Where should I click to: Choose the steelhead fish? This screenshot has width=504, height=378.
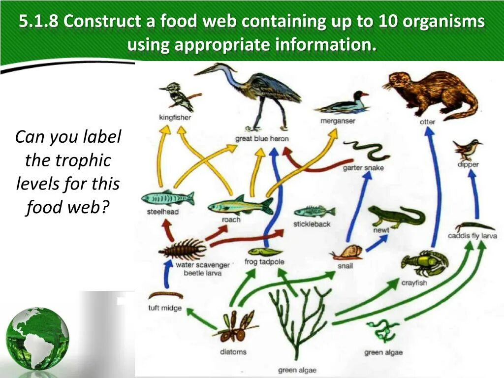pyautogui.click(x=168, y=198)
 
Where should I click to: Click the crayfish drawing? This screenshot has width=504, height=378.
pyautogui.click(x=423, y=263)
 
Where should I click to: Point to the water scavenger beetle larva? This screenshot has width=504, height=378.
pyautogui.click(x=183, y=249)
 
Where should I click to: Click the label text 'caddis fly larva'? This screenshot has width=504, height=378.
pyautogui.click(x=472, y=236)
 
